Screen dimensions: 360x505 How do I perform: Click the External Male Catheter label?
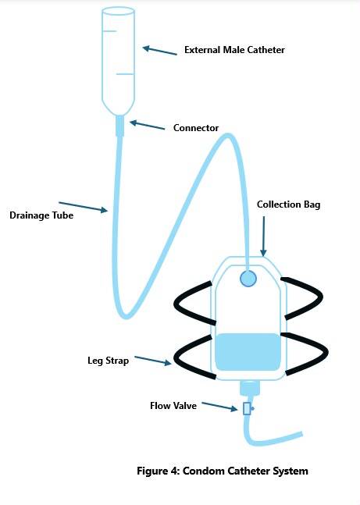tap(234, 50)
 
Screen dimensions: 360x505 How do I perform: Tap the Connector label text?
tap(196, 128)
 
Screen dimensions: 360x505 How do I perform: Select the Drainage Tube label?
tap(41, 215)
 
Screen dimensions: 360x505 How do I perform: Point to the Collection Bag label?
tap(288, 204)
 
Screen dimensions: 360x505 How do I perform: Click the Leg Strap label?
tap(108, 361)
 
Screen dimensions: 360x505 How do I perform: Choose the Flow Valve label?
tap(173, 405)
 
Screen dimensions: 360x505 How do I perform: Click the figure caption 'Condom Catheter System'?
tap(245, 471)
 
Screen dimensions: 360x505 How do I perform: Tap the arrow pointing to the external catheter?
tap(160, 51)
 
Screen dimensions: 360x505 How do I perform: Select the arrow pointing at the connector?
tap(147, 125)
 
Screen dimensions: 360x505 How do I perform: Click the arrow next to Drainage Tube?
tap(83, 207)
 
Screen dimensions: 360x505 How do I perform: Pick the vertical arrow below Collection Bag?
tap(263, 236)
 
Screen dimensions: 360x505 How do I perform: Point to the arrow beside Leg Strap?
tap(153, 361)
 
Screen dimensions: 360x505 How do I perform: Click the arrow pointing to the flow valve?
tap(219, 407)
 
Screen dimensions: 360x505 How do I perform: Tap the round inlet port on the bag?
tap(248, 279)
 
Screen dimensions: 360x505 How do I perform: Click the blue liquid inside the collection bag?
tap(248, 352)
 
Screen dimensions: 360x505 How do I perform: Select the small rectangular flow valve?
tap(247, 408)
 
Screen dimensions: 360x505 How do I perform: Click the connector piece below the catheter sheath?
tap(120, 126)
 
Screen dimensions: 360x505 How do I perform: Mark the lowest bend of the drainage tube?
tap(126, 316)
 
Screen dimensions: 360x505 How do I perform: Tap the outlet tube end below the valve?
tap(301, 435)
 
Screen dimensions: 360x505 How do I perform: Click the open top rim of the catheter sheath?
tap(118, 12)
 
